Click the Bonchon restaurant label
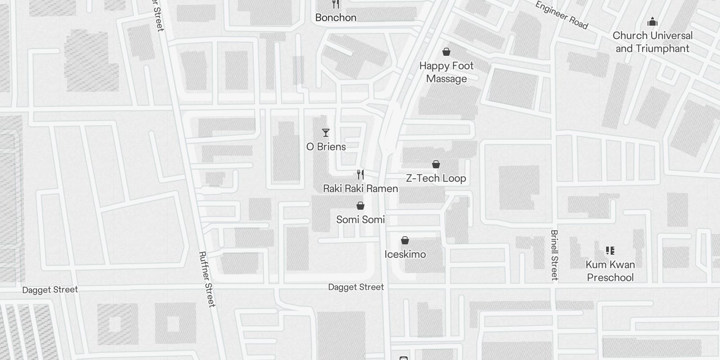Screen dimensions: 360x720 point(336,18)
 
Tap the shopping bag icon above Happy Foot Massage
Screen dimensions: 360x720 point(446,52)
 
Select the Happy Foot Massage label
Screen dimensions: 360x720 point(446,72)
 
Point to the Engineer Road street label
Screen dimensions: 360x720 point(561,15)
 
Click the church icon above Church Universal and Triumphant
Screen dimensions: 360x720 point(652,22)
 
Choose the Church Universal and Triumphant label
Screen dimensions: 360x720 point(652,42)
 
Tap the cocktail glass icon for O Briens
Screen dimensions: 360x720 point(326,133)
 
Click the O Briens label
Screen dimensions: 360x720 point(326,147)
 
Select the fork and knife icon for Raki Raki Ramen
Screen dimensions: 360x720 point(360,174)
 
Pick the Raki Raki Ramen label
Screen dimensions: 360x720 point(360,189)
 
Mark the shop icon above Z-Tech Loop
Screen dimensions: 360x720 point(436,164)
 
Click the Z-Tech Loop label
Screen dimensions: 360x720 point(436,178)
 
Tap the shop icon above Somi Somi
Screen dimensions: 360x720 point(360,206)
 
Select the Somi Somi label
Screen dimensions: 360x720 point(360,220)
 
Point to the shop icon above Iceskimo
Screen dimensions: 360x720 point(405,240)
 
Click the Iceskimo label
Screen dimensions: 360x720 point(405,254)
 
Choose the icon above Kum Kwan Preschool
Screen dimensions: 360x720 point(610,250)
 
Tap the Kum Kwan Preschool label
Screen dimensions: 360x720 point(610,271)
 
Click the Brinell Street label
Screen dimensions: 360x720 point(554,255)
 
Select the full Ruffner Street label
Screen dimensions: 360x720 point(207,279)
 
